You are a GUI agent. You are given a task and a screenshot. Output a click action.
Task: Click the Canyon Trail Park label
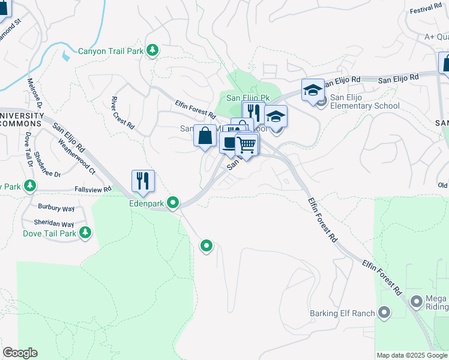(x=110, y=51)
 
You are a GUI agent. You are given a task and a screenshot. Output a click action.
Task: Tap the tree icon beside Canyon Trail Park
(x=152, y=50)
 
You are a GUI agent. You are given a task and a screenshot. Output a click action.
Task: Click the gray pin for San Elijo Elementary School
(x=322, y=101)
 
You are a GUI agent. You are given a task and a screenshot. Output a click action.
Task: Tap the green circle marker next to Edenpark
(x=173, y=203)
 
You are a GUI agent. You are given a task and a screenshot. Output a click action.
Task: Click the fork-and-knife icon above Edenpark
(x=143, y=181)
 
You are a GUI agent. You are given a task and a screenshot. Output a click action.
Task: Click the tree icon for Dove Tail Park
(x=86, y=232)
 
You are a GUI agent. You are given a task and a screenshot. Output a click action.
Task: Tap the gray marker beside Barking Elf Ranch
(x=384, y=313)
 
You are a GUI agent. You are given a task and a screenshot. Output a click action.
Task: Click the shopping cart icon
(x=246, y=144)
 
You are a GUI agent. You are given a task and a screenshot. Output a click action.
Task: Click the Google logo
(x=20, y=353)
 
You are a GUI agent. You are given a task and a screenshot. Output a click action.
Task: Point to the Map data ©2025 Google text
(x=412, y=355)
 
